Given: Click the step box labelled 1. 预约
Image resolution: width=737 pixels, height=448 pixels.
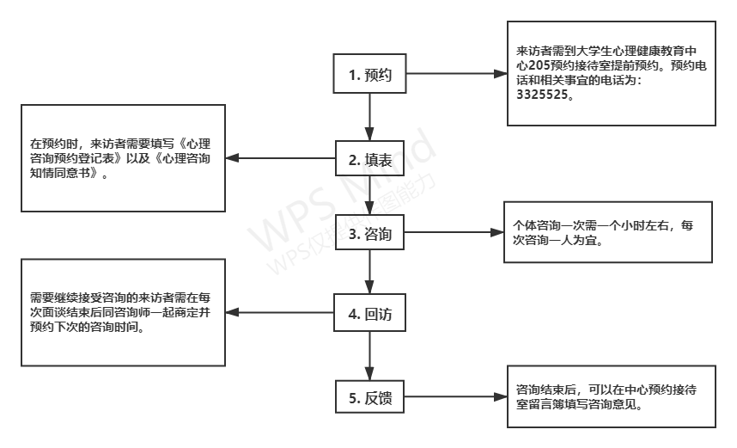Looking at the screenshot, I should tap(369, 75).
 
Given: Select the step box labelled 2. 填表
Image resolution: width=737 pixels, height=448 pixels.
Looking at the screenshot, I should tap(369, 158).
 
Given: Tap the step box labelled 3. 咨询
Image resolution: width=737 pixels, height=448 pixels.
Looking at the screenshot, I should tap(369, 233).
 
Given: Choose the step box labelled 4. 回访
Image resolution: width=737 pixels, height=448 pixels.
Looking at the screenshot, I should tap(369, 313).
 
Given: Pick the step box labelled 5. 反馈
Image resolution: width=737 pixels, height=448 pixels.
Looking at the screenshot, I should tap(369, 397).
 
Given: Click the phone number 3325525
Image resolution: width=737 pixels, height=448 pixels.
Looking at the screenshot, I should tap(541, 96).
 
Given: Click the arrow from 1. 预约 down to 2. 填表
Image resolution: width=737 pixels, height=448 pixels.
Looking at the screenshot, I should tap(369, 116).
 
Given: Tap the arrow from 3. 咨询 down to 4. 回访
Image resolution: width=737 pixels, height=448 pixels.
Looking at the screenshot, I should tap(369, 273).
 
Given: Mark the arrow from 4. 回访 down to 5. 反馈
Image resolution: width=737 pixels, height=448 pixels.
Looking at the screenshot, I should tap(369, 355).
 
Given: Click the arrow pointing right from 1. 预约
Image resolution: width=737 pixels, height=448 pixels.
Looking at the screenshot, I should tap(455, 75).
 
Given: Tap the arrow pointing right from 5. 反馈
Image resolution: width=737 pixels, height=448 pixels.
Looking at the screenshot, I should tap(455, 397).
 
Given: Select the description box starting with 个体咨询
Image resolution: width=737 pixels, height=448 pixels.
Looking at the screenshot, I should tap(606, 232).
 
